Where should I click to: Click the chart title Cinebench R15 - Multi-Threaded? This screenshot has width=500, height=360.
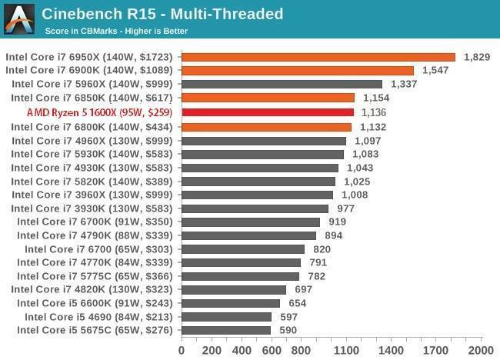162,14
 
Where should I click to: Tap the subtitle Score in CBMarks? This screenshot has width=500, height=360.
115,32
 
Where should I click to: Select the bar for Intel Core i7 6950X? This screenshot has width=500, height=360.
318,57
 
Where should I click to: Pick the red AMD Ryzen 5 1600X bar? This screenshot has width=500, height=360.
268,112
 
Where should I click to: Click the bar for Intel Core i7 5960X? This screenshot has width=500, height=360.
282,85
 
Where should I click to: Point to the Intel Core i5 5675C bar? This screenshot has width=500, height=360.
225,331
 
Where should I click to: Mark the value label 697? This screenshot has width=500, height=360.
303,290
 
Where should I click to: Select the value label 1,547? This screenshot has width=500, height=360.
435,71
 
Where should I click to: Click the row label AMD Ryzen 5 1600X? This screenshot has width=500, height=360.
99,112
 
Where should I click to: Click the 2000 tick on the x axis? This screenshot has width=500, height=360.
481,350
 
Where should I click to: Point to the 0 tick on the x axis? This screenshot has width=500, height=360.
182,350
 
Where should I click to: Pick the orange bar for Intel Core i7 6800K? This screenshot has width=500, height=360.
266,126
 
